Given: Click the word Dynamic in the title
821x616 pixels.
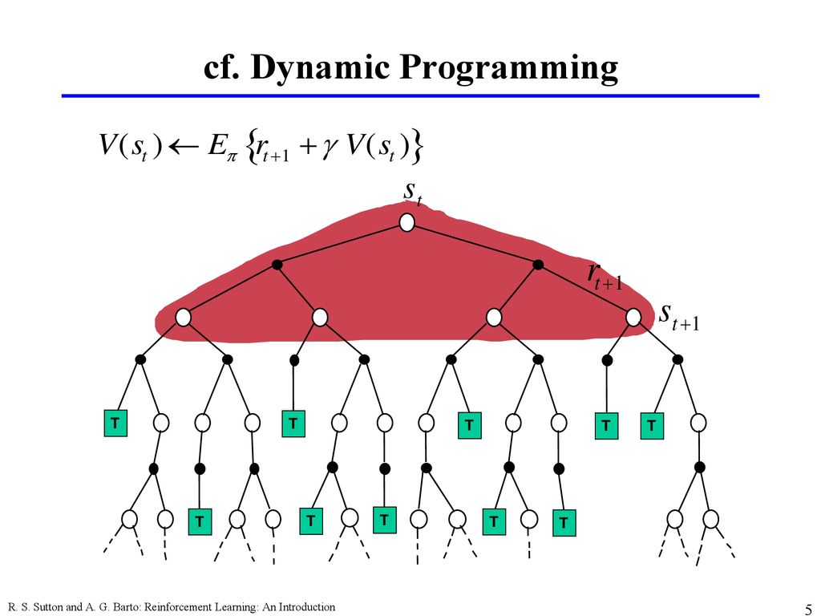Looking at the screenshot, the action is (x=320, y=68).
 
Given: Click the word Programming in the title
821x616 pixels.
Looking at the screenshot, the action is (x=508, y=68).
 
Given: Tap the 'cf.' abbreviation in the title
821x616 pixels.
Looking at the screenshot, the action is (x=220, y=67).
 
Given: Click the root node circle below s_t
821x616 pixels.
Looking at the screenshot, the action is (x=406, y=223).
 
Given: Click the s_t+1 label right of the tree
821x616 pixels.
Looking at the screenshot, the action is (x=679, y=317).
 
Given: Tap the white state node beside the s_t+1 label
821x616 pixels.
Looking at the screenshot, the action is (x=633, y=317).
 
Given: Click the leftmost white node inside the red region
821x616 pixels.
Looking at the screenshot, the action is (x=183, y=318).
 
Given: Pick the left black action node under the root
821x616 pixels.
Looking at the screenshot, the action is (x=277, y=265).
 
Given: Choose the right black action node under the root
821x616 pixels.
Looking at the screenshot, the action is (x=538, y=265).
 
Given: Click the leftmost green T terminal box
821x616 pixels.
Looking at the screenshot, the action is (x=115, y=423).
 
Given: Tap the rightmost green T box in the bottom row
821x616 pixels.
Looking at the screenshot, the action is (x=564, y=523).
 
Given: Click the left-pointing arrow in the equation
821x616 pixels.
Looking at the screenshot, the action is (x=183, y=146).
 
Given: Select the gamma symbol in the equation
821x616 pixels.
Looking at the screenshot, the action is (x=328, y=148).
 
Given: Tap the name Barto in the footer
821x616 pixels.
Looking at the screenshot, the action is (x=124, y=608).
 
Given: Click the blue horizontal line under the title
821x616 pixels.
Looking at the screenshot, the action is (x=410, y=96).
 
